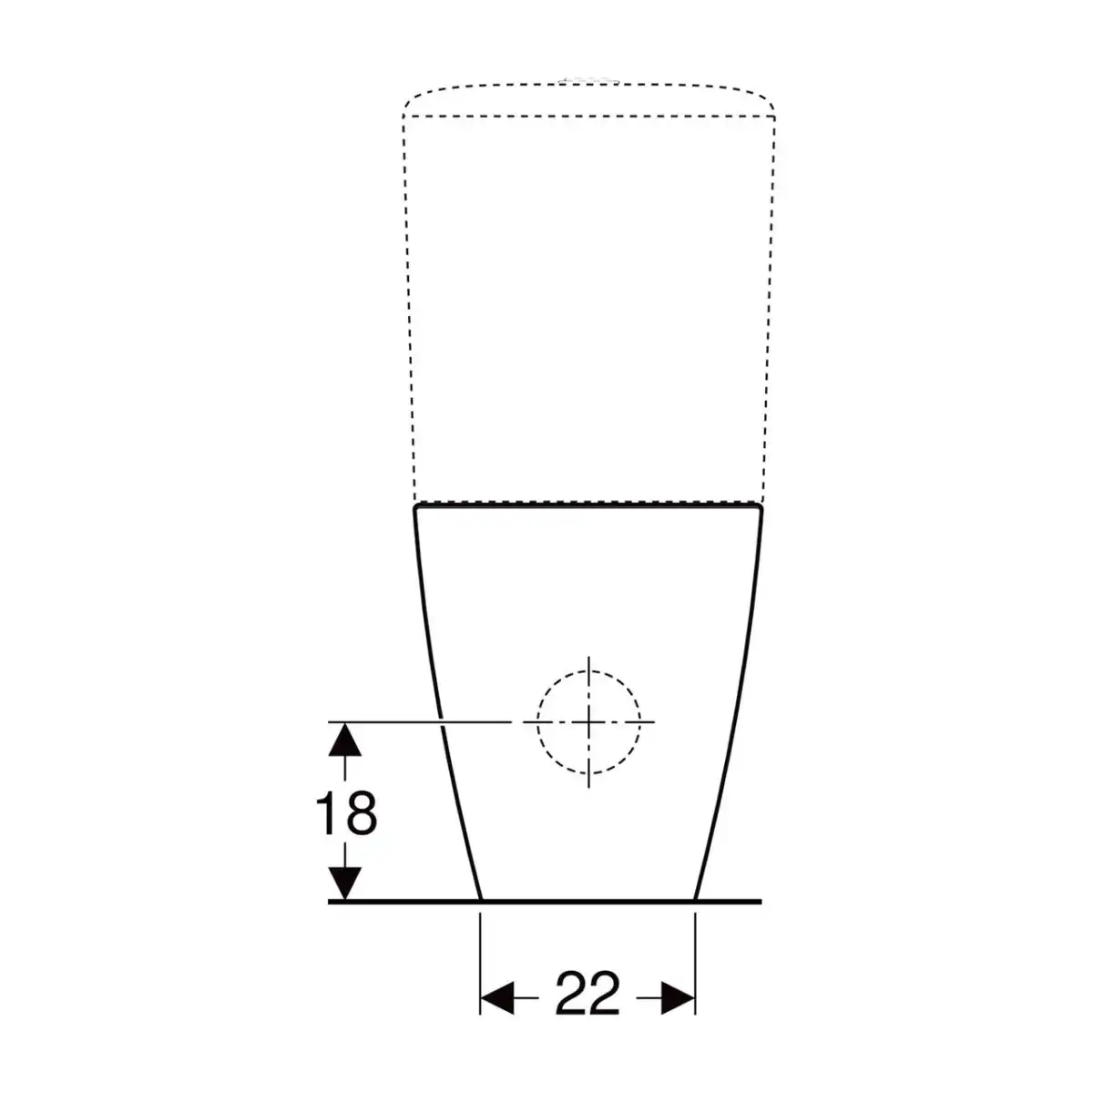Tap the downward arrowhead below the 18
click(x=345, y=884)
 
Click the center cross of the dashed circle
click(x=588, y=722)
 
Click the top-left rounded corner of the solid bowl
click(x=417, y=506)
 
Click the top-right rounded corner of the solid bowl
click(x=760, y=506)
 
